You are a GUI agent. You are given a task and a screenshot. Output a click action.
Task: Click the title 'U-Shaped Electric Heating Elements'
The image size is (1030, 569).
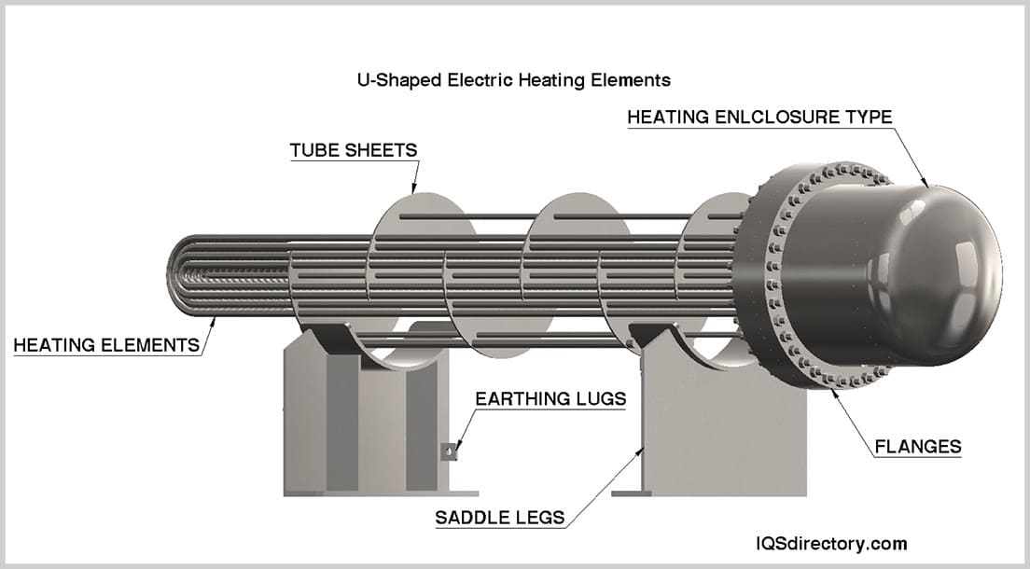click(x=514, y=80)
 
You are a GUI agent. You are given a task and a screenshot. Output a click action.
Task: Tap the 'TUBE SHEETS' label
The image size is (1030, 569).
click(x=354, y=150)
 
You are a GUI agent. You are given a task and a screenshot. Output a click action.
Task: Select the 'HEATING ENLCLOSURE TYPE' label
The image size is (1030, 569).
click(x=759, y=117)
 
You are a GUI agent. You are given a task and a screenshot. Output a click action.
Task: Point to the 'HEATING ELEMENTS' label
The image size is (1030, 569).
click(x=106, y=345)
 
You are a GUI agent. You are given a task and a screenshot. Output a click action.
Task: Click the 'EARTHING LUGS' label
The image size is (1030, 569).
click(x=550, y=399)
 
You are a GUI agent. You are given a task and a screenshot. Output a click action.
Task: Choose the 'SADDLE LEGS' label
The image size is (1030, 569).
click(x=500, y=518)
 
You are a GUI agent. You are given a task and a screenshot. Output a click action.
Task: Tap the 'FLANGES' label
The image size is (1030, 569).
click(x=918, y=447)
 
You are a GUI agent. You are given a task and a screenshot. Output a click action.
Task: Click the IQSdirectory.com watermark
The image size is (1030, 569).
click(x=831, y=544)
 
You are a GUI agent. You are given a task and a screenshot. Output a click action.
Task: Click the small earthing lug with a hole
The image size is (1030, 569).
click(x=448, y=451)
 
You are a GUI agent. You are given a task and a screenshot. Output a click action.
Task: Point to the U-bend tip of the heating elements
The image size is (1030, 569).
click(x=172, y=277)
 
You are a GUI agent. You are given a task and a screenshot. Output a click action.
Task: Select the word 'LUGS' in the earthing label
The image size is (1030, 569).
click(x=601, y=399)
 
